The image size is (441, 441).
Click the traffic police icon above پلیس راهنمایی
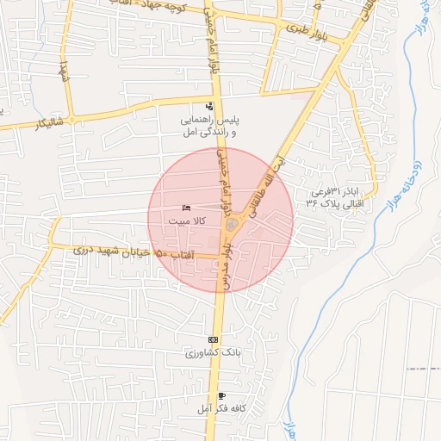(x=209, y=106)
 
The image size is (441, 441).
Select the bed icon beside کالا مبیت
(x=187, y=208)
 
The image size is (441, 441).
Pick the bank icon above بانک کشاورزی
(x=213, y=339)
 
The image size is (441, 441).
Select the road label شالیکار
(x=27, y=124)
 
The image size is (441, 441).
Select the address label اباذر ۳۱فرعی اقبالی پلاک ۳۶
(x=335, y=197)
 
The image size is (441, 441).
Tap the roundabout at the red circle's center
(x=231, y=224)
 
